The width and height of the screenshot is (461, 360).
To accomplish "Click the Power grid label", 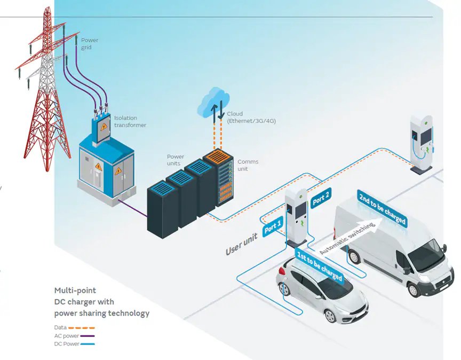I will (89, 43).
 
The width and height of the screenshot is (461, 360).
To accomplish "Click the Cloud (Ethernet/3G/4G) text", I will (251, 118).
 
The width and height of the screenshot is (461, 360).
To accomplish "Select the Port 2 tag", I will (321, 199).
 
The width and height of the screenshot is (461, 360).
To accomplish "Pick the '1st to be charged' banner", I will (320, 266).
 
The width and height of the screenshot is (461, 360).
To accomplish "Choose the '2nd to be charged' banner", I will (382, 209).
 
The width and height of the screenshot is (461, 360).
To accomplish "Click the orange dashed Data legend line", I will (82, 327).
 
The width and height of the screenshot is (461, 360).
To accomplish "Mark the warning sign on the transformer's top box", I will (104, 127).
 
